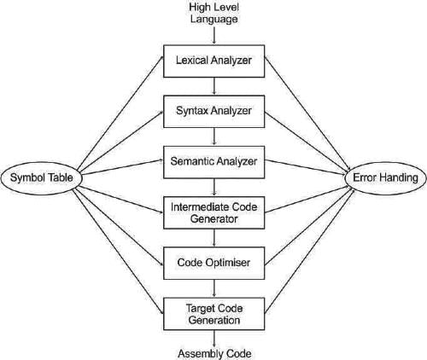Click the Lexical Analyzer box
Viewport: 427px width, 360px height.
[x=214, y=61]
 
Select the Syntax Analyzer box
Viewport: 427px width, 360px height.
[x=214, y=112]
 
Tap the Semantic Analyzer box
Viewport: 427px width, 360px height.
[x=214, y=162]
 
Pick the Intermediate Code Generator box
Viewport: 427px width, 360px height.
[x=214, y=212]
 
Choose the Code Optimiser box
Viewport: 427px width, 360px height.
[x=214, y=263]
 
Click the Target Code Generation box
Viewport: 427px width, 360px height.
[x=214, y=314]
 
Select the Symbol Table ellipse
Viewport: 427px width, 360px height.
[x=42, y=178]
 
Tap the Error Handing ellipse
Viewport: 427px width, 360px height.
[x=385, y=178]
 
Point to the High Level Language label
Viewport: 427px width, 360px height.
[x=214, y=13]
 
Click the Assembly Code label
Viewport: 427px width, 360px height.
[x=214, y=354]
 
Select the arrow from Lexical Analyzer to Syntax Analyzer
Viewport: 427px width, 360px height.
[x=214, y=86]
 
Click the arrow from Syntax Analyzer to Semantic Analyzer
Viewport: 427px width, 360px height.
[x=214, y=137]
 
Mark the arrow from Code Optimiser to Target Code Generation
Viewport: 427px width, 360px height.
[x=214, y=288]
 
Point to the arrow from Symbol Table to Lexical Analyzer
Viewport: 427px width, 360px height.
[x=120, y=113]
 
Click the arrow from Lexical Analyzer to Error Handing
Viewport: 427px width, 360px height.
[x=307, y=113]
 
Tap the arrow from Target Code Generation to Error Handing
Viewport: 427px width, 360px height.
[x=310, y=252]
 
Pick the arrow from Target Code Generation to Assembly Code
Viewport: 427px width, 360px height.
[x=214, y=339]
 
